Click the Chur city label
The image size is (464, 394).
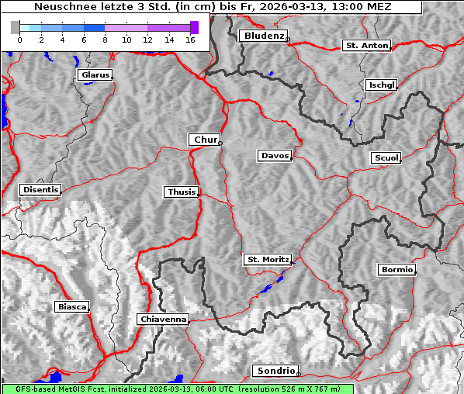pos(205,140)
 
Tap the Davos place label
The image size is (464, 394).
pos(275,156)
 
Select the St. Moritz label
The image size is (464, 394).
pos(267,260)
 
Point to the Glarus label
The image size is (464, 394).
pos(95,75)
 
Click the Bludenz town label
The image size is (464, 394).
pos(263,36)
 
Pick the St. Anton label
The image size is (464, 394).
pos(366,46)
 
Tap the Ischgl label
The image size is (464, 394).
pos(382,85)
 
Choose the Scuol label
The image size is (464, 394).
pos(386,158)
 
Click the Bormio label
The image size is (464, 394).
pos(396,270)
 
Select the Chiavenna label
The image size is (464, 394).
pos(163,319)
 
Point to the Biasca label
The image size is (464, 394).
pos(72,306)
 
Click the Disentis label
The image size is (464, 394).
pos(40,189)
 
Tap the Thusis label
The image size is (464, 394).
pos(182,192)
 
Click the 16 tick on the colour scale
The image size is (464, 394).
pos(190,40)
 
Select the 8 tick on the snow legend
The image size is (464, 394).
pos(105,40)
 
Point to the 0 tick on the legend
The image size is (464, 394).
pos(19,40)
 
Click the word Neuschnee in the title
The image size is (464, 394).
pos(60,7)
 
